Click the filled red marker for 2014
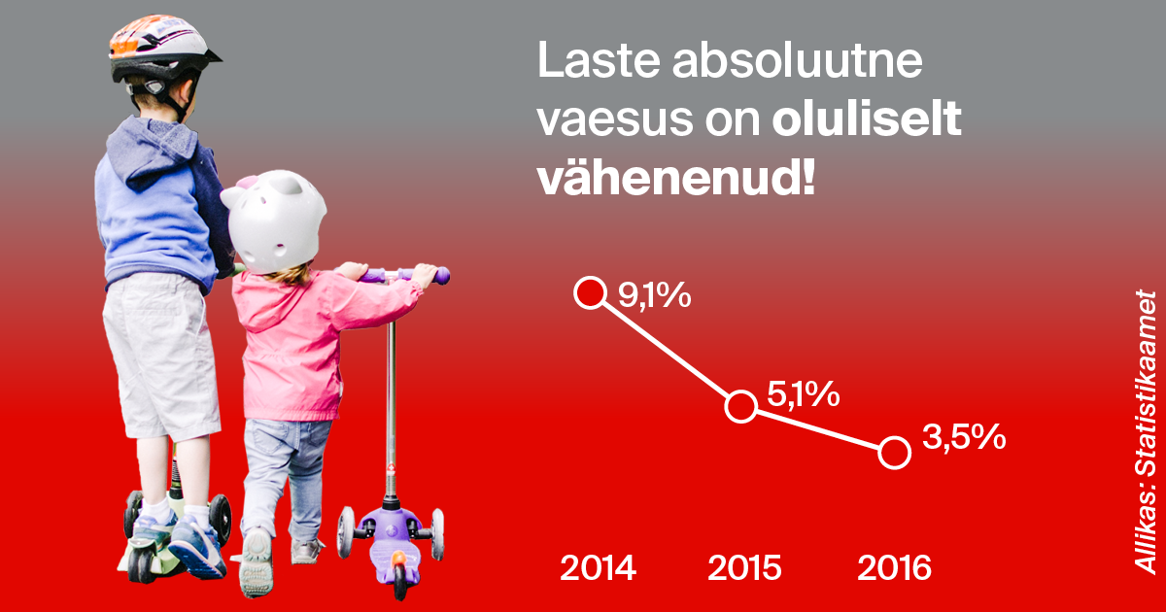click(x=591, y=292)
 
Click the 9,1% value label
click(x=654, y=295)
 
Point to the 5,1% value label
click(x=804, y=394)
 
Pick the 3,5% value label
click(x=964, y=436)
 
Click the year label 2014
click(x=598, y=567)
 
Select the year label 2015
click(x=744, y=567)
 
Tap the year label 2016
click(x=894, y=567)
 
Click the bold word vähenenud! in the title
click(x=676, y=180)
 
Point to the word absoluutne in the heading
click(x=798, y=61)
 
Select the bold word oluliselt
click(x=867, y=119)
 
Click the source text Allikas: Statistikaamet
click(x=1146, y=432)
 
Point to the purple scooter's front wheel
click(x=399, y=577)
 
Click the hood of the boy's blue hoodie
click(x=151, y=151)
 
